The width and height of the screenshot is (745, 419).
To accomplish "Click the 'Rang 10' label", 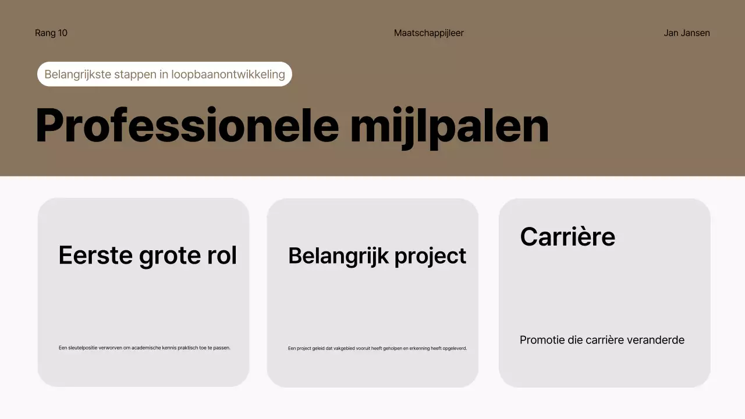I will (x=51, y=33).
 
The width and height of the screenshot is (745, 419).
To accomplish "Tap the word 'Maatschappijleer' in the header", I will (x=429, y=33).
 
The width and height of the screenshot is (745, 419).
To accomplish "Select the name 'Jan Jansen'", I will (x=687, y=33).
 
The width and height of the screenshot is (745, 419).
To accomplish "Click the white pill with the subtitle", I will (x=165, y=74).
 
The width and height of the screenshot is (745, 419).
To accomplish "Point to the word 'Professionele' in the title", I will (x=187, y=126).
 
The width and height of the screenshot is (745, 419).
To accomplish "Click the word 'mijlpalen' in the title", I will (x=449, y=126).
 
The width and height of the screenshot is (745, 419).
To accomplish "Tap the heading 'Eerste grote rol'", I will (x=148, y=255).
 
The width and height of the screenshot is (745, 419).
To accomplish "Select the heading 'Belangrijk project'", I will (x=377, y=255).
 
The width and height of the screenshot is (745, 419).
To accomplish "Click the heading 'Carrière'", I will (x=567, y=237).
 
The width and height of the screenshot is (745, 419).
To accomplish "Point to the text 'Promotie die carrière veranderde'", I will (x=602, y=340).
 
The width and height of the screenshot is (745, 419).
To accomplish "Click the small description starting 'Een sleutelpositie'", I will (x=144, y=348).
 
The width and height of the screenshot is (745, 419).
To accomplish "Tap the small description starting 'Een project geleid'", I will (x=377, y=349).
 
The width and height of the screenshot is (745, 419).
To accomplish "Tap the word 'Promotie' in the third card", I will (x=542, y=340).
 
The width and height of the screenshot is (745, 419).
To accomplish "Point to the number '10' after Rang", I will (x=62, y=33).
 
